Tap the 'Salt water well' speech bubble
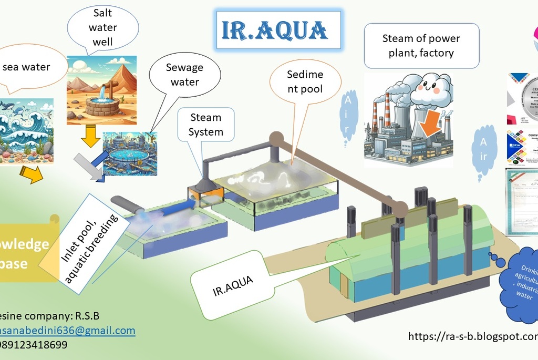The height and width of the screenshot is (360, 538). point(103,27)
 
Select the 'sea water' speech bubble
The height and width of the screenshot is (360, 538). point(26,67)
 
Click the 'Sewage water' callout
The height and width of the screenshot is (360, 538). point(184,75)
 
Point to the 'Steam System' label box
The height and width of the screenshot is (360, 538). point(205,125)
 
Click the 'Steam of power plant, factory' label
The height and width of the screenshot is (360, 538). point(421,46)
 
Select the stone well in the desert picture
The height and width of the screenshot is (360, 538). point(102,104)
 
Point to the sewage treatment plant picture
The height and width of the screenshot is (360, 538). point(130,153)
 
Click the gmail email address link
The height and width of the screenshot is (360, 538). point(67,331)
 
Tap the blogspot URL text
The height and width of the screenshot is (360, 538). point(473,336)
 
